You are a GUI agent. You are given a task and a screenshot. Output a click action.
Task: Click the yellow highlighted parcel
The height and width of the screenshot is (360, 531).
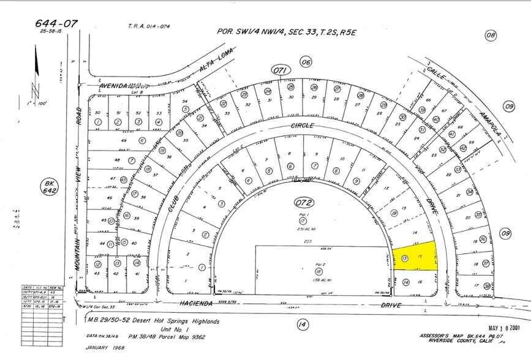(417, 256)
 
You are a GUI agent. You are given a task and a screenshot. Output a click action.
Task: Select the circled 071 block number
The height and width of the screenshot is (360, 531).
(281, 72)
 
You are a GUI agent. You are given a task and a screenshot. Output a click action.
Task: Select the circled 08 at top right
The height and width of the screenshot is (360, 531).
(490, 36)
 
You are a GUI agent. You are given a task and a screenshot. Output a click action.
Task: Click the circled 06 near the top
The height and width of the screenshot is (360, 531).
(306, 61)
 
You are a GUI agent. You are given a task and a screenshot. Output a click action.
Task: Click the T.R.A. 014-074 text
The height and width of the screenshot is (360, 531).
(149, 26)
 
